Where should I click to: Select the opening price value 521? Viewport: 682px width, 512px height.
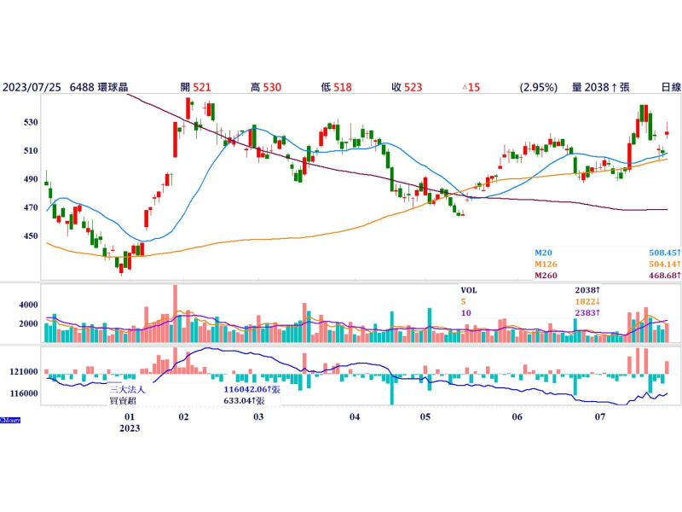202,87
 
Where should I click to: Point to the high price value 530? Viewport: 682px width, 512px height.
272,87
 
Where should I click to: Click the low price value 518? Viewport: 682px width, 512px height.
343,87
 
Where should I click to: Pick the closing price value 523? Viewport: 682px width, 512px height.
413,87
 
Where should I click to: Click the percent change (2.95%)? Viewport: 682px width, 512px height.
538,87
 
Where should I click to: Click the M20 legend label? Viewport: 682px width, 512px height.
543,253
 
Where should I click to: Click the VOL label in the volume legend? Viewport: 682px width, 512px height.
469,290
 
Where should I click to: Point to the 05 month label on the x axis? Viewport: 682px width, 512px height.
425,417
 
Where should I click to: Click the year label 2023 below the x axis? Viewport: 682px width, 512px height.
130,428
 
